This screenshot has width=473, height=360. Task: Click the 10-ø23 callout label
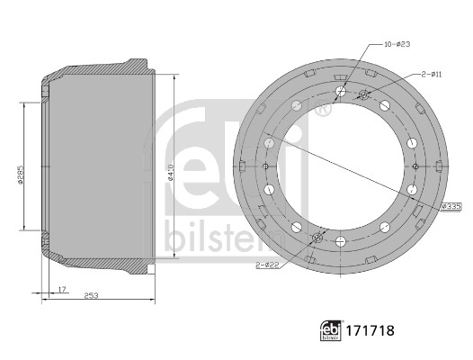[x=397, y=44]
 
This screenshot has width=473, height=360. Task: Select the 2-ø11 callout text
[x=432, y=74]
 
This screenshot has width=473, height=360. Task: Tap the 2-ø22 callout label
[x=267, y=265]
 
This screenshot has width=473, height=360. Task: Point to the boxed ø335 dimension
[x=451, y=207]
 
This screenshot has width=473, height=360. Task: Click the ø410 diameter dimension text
[x=171, y=172]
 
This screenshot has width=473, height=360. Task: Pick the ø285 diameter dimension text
[x=20, y=175]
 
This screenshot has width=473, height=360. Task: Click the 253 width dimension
[x=91, y=295]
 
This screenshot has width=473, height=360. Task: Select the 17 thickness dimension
[x=62, y=289]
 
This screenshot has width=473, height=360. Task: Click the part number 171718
[x=370, y=330]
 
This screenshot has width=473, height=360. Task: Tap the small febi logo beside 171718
[x=331, y=330]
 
